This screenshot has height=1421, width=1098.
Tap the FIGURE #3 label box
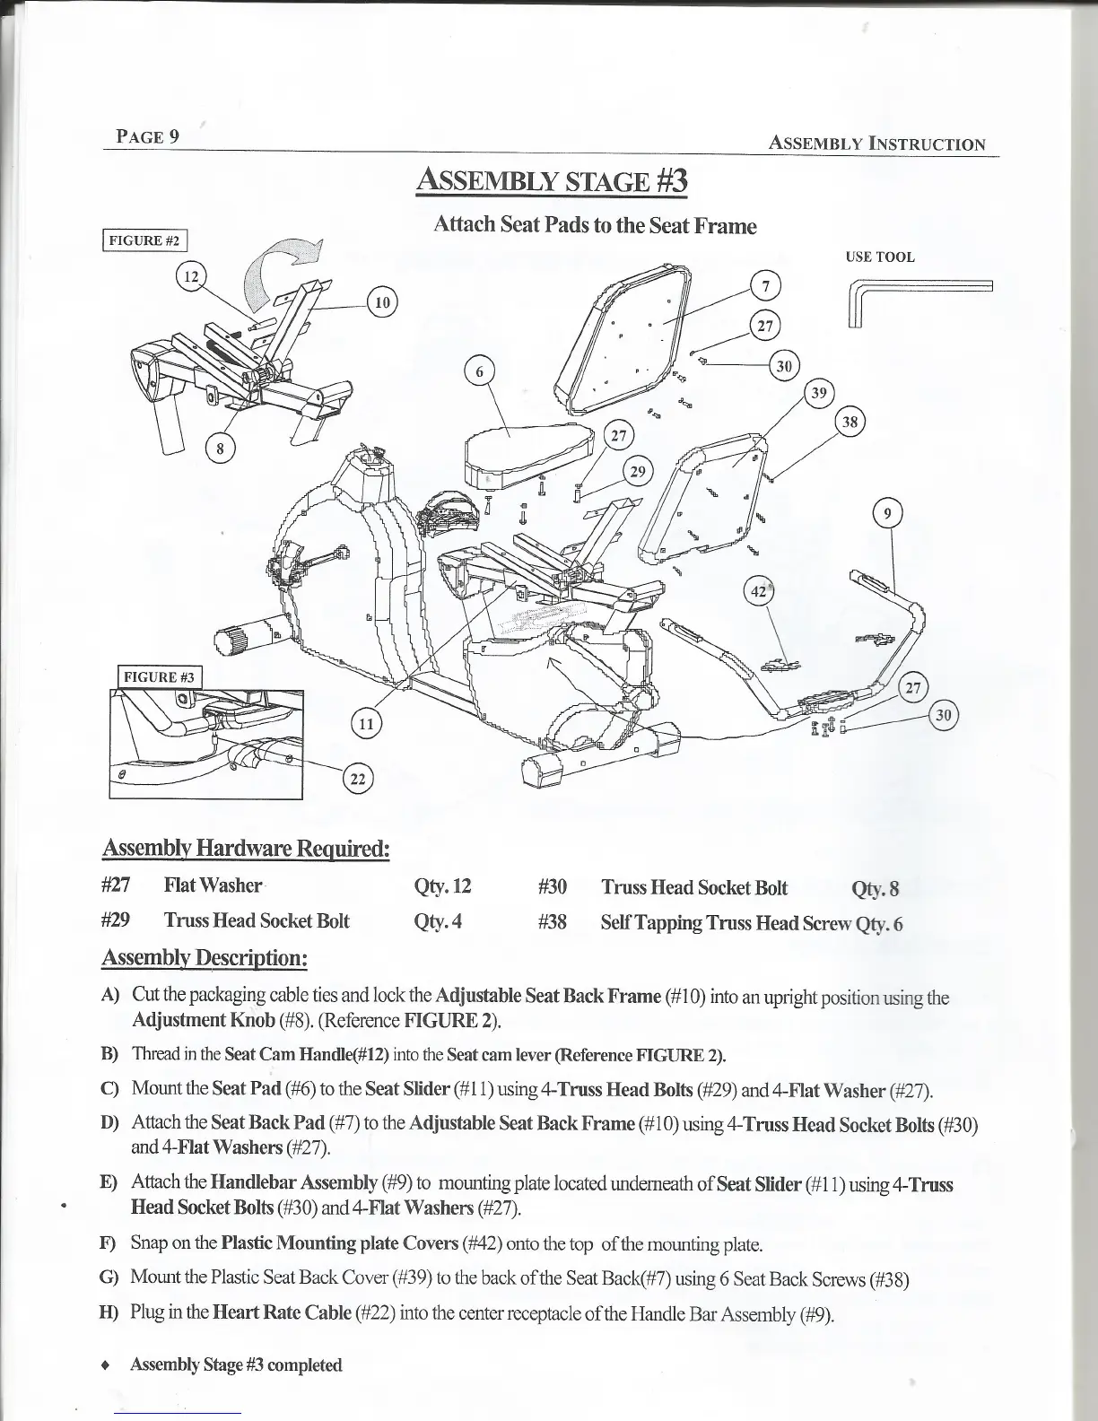tap(161, 676)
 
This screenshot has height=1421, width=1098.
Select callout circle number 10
tap(382, 302)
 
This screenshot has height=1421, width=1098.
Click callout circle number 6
tap(480, 371)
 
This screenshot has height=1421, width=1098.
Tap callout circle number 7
tap(765, 286)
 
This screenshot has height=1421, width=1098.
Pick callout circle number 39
tap(819, 393)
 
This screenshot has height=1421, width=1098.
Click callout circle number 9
tap(888, 514)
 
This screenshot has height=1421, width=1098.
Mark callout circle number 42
tap(759, 592)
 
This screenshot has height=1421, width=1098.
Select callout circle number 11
tap(366, 723)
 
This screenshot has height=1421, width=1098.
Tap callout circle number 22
tap(357, 780)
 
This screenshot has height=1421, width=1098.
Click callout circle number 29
tap(638, 472)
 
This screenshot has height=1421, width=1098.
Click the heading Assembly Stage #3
tap(552, 181)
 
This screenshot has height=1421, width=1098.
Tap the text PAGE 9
tap(148, 136)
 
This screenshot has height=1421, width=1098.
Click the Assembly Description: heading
tap(205, 958)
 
